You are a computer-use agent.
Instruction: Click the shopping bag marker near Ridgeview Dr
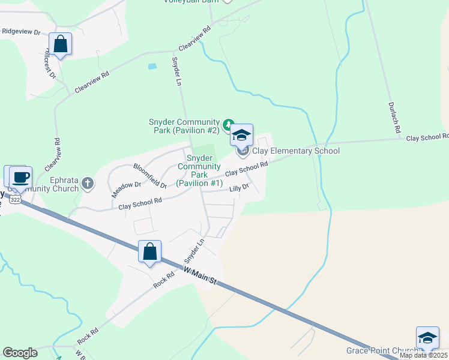coord(60,43)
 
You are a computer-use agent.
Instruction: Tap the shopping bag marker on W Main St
coord(149,251)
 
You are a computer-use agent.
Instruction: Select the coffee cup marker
coord(20,177)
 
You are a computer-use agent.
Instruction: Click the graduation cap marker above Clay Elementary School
coord(241,135)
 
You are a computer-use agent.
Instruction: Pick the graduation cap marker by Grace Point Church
coord(427,338)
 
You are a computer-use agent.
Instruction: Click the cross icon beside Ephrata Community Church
coord(88,183)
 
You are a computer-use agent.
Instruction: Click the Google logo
coord(20,353)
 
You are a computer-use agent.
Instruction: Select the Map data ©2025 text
coord(424,355)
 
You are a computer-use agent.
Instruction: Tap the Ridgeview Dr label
coord(20,31)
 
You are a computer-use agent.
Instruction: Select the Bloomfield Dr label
coord(149,176)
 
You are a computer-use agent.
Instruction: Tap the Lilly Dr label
coord(239,188)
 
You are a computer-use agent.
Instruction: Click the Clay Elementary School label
coord(295,151)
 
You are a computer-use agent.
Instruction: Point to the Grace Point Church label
coord(382,350)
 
